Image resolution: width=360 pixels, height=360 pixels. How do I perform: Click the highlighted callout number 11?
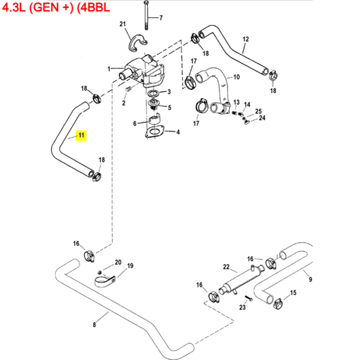coord(82,136)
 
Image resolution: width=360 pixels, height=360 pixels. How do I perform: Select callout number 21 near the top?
coord(123,24)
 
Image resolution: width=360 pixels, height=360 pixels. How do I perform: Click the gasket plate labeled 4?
coord(155,131)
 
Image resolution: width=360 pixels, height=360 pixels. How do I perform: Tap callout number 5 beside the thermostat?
coord(170,108)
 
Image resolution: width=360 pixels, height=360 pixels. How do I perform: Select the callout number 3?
coord(169,92)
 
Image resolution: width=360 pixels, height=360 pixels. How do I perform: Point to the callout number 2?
coord(124,103)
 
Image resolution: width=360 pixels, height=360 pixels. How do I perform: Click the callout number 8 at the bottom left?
coord(94,325)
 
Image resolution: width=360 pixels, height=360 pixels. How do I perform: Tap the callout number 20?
coord(118,262)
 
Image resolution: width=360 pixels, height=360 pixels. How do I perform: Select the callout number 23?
coord(242,307)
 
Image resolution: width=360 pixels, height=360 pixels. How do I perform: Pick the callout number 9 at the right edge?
coord(310,280)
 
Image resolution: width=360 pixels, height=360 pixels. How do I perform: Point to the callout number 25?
coord(259,111)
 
